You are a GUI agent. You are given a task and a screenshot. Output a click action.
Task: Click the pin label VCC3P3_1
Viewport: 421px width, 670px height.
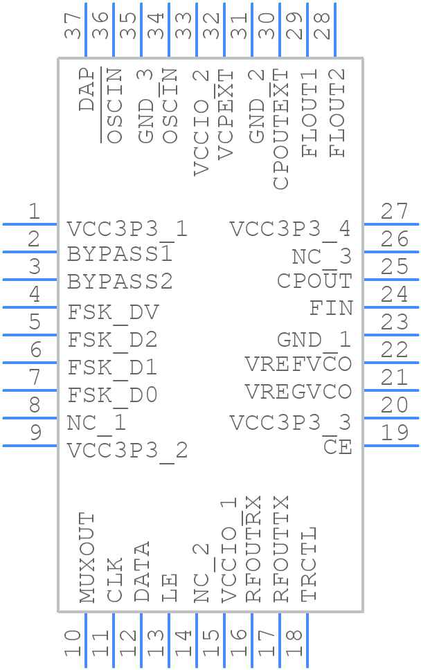pos(127,229)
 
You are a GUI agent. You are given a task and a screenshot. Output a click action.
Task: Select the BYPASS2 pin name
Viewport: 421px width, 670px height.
pos(120,282)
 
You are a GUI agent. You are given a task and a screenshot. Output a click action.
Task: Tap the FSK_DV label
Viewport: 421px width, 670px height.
pos(113,313)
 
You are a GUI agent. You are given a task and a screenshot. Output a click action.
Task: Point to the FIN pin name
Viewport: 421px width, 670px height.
pos(330,308)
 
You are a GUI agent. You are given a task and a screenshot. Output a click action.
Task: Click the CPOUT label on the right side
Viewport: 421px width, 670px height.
pos(314,281)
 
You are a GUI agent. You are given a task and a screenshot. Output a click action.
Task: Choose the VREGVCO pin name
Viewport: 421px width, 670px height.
pos(298,392)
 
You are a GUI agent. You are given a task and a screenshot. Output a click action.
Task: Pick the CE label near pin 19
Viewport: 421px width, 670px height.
pos(337,448)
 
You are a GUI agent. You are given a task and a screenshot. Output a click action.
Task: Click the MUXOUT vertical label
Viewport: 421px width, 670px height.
pos(87,558)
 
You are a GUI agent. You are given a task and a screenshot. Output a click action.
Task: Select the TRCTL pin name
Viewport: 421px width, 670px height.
pos(309,564)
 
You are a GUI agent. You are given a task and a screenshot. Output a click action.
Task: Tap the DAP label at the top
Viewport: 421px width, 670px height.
pos(87,89)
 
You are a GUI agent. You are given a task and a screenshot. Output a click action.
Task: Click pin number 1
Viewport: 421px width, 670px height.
pos(33,212)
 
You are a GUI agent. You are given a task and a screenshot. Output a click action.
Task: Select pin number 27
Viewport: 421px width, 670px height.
pos(395,211)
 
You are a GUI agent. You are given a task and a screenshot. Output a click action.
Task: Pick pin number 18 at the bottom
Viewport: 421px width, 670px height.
pos(295,643)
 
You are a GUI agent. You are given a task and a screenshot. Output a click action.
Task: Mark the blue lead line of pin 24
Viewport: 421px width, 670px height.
pos(391,307)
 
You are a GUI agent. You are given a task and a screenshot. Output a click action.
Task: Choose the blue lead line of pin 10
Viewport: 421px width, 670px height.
pos(86,640)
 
